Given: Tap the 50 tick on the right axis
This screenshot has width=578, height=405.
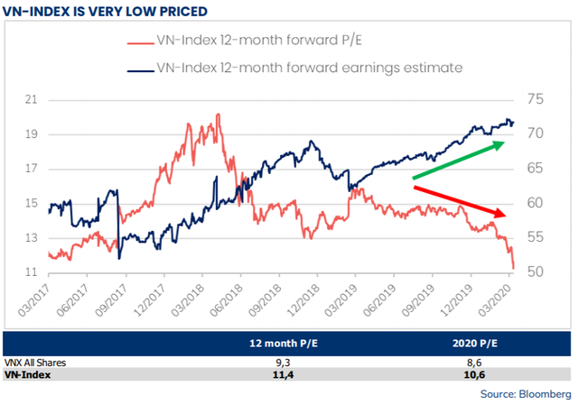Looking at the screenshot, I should [537, 272].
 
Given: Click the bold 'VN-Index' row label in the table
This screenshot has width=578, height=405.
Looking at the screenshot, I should [28, 373].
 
